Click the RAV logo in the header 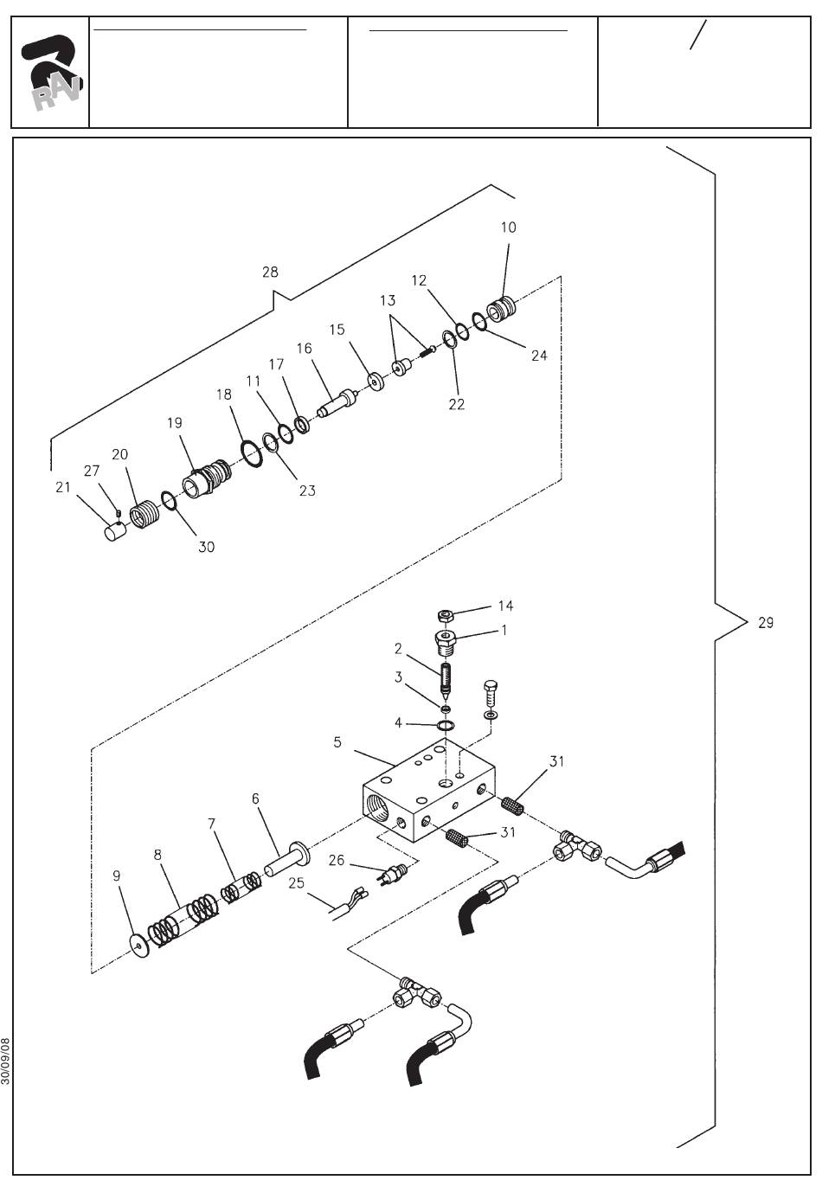pyautogui.click(x=51, y=73)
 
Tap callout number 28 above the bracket pyautogui.click(x=270, y=273)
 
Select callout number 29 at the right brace pyautogui.click(x=766, y=623)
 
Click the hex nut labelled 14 pyautogui.click(x=445, y=615)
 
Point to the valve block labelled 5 pyautogui.click(x=429, y=791)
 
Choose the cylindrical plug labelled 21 pyautogui.click(x=114, y=531)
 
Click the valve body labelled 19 pyautogui.click(x=207, y=478)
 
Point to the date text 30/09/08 pyautogui.click(x=5, y=1061)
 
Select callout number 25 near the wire pyautogui.click(x=296, y=882)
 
